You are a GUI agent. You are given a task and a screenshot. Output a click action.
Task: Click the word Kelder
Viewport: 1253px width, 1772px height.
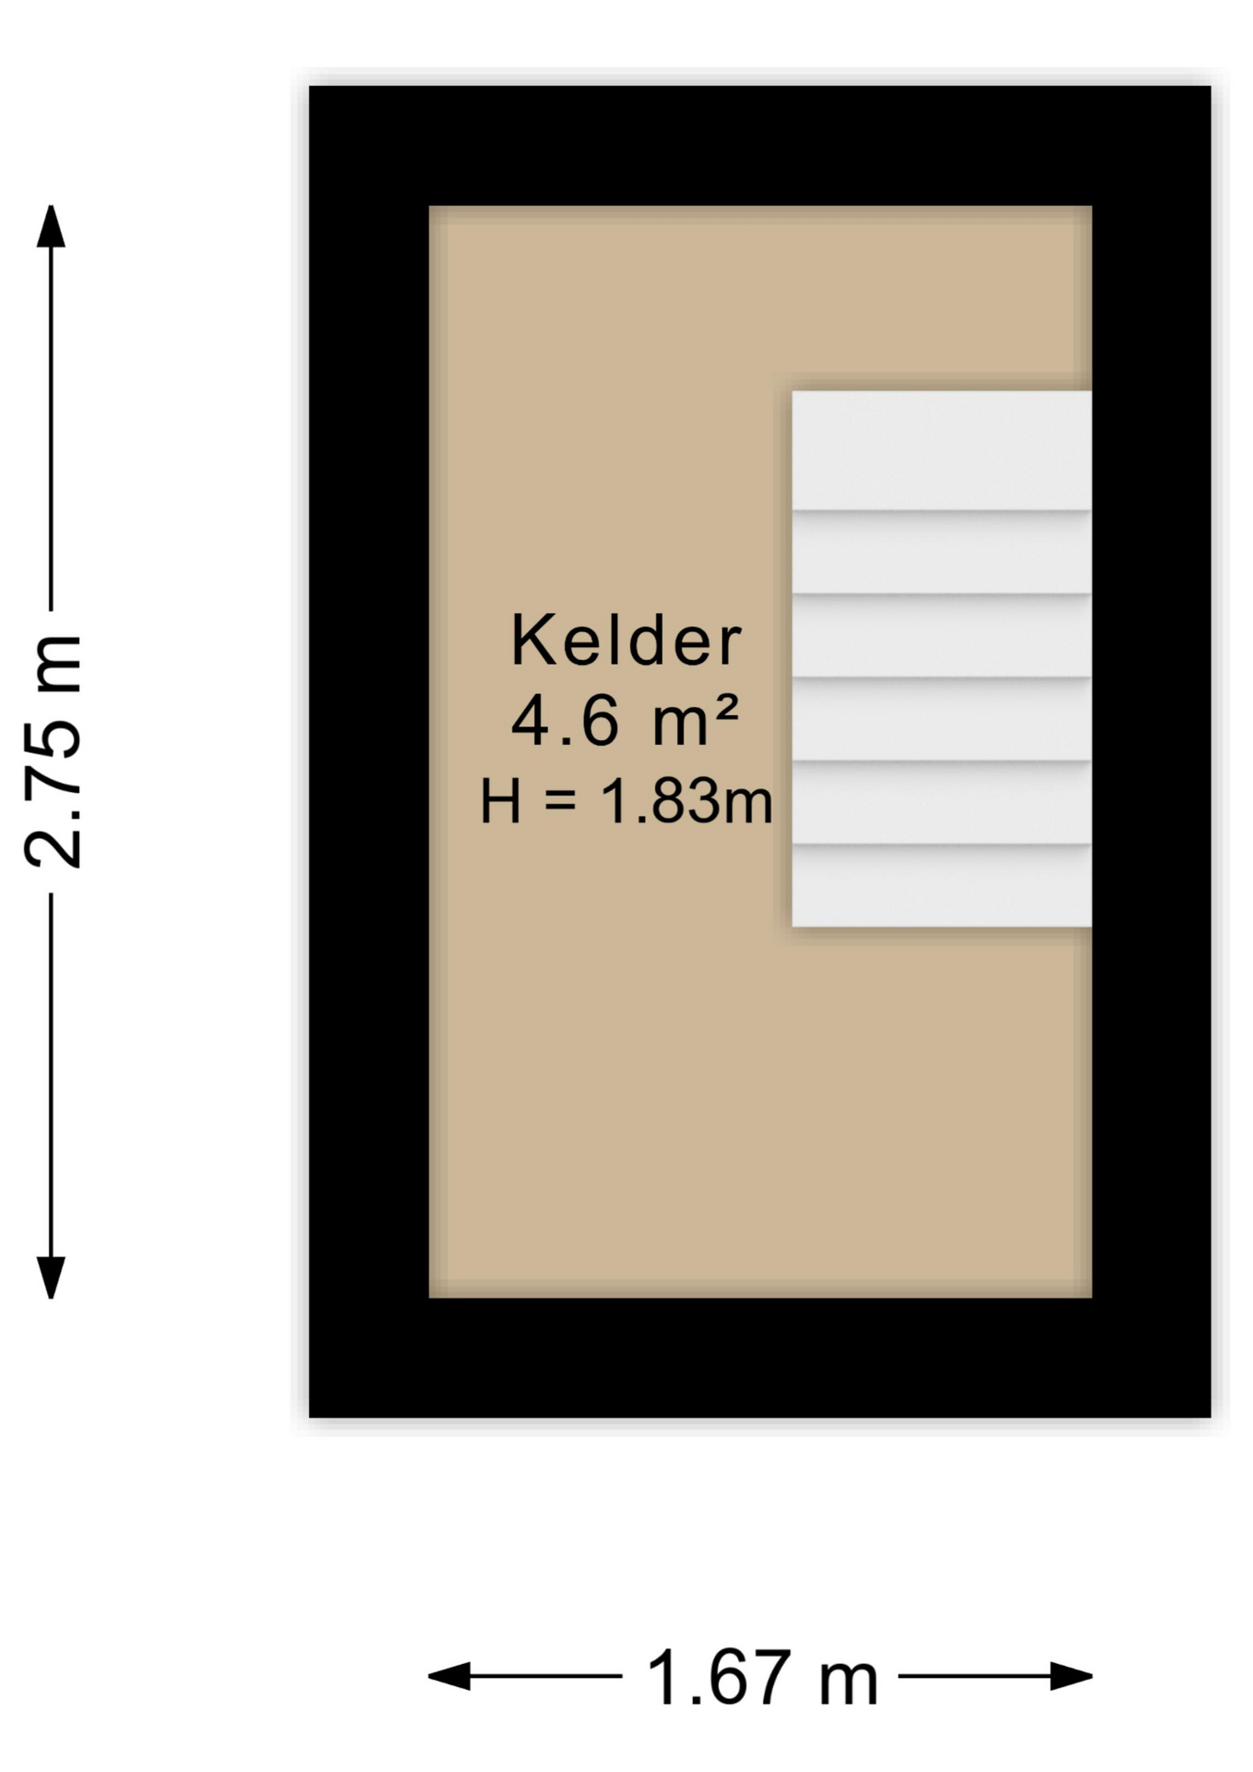pyautogui.click(x=626, y=640)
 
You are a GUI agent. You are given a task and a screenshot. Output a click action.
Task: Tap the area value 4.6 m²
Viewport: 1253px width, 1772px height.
pyautogui.click(x=625, y=720)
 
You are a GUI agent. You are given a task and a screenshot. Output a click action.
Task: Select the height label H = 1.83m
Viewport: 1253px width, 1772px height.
pyautogui.click(x=626, y=801)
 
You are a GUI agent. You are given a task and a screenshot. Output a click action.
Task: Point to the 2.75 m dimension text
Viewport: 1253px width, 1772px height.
pyautogui.click(x=54, y=752)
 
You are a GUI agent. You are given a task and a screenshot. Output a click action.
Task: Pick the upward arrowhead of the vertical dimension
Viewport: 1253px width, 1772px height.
pyautogui.click(x=51, y=226)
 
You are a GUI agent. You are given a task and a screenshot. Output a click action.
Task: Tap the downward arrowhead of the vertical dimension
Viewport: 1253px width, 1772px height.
pyautogui.click(x=51, y=1277)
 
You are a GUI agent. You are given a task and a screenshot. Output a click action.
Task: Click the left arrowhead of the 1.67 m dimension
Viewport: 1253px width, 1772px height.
pyautogui.click(x=449, y=1676)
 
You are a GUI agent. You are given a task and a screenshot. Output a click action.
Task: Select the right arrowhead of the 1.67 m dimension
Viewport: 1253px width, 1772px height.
pyautogui.click(x=1071, y=1676)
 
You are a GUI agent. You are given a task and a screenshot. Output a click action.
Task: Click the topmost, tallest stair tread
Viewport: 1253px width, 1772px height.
pyautogui.click(x=941, y=450)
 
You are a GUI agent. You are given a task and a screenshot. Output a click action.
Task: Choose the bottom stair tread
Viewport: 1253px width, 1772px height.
pyautogui.click(x=941, y=885)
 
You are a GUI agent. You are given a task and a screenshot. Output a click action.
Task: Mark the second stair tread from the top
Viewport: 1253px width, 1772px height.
pyautogui.click(x=941, y=552)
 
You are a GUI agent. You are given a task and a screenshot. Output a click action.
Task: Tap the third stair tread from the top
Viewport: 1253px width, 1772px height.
pyautogui.click(x=941, y=636)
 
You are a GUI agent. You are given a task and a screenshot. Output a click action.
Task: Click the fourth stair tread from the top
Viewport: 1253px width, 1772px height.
pyautogui.click(x=941, y=719)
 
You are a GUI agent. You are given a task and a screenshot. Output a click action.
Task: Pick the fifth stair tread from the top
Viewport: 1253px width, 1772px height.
pyautogui.click(x=941, y=802)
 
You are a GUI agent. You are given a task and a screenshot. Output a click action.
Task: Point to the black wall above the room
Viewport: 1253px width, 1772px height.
pyautogui.click(x=759, y=146)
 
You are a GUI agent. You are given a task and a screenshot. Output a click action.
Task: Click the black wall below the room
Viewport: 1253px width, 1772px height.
pyautogui.click(x=759, y=1358)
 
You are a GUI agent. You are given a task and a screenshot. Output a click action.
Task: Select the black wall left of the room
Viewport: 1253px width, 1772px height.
pyautogui.click(x=369, y=751)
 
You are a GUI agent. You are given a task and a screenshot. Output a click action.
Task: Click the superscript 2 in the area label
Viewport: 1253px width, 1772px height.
pyautogui.click(x=726, y=707)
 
